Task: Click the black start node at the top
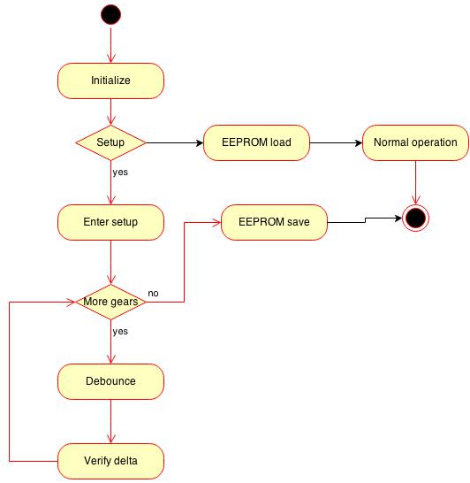(110, 14)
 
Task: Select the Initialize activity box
(110, 80)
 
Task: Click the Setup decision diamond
(110, 142)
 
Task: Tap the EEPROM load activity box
(256, 142)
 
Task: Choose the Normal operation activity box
(415, 142)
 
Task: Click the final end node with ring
(415, 218)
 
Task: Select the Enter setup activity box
(110, 222)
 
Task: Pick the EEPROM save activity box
(274, 222)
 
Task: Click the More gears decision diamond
(110, 302)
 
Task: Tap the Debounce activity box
(110, 381)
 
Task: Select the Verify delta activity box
(110, 461)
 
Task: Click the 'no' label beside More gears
(153, 294)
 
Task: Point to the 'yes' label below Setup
(120, 172)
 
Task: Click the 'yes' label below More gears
(120, 332)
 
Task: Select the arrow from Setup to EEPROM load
(175, 143)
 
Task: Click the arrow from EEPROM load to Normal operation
(336, 143)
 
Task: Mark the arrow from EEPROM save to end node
(365, 220)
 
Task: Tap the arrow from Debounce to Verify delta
(110, 421)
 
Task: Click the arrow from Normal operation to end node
(415, 182)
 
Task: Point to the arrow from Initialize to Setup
(110, 111)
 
